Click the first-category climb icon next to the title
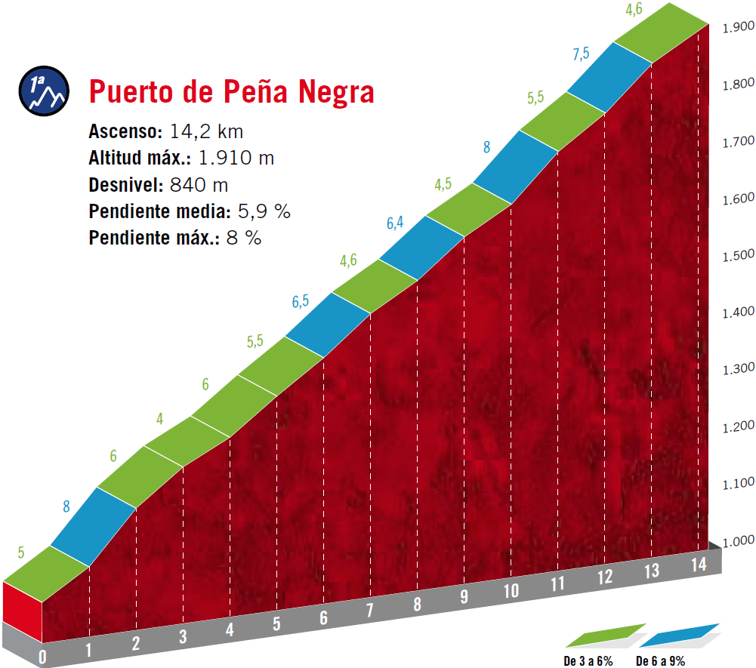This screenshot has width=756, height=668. pyautogui.click(x=44, y=93)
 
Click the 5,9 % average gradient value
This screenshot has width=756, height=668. pyautogui.click(x=261, y=212)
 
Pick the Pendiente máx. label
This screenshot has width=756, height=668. pyautogui.click(x=153, y=239)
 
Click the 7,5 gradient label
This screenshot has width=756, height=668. pyautogui.click(x=581, y=53)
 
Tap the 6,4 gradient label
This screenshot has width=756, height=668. pyautogui.click(x=395, y=223)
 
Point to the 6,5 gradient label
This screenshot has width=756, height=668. pyautogui.click(x=301, y=300)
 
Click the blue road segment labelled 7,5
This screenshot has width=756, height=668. pyautogui.click(x=609, y=78)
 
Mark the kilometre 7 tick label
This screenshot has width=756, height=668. pyautogui.click(x=369, y=609)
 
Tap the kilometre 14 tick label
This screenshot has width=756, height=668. pyautogui.click(x=699, y=564)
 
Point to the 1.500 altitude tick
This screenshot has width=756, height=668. pyautogui.click(x=739, y=255)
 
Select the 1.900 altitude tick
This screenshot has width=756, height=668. pyautogui.click(x=739, y=27)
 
